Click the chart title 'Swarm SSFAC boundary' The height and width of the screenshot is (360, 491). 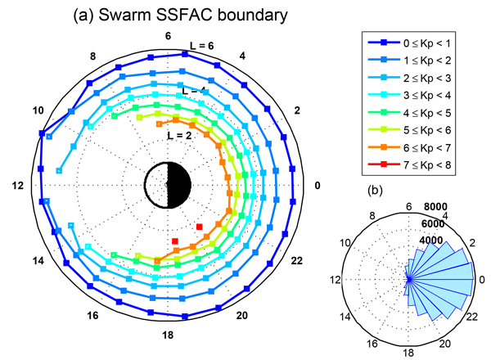tap(193, 15)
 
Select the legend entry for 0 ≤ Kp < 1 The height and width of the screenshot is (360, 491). tap(409, 43)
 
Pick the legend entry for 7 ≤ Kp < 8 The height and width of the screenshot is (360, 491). tap(409, 164)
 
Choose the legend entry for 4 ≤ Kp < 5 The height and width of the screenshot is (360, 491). tap(409, 113)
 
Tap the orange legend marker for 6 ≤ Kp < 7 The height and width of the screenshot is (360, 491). tap(384, 147)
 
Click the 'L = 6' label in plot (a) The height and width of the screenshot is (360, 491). tap(202, 46)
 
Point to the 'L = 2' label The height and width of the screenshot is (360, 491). tap(179, 136)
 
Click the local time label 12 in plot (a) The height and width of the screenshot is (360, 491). tap(18, 186)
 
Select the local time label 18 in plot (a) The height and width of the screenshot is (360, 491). tap(168, 335)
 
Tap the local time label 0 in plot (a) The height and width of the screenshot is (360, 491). tap(318, 186)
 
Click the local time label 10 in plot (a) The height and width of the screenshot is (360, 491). tap(38, 110)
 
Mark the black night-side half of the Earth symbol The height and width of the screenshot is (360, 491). tap(179, 186)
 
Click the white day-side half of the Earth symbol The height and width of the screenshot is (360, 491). tap(156, 186)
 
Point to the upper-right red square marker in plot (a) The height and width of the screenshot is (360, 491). tap(199, 227)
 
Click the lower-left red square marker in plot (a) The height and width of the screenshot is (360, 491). tap(175, 241)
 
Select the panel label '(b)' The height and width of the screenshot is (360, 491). tap(375, 190)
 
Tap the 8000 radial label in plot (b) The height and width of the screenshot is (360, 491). tap(435, 207)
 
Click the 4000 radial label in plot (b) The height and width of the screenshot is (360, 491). tap(431, 241)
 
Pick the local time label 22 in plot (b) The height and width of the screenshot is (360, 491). tap(472, 317)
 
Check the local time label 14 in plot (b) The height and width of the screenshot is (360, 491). tap(345, 317)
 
